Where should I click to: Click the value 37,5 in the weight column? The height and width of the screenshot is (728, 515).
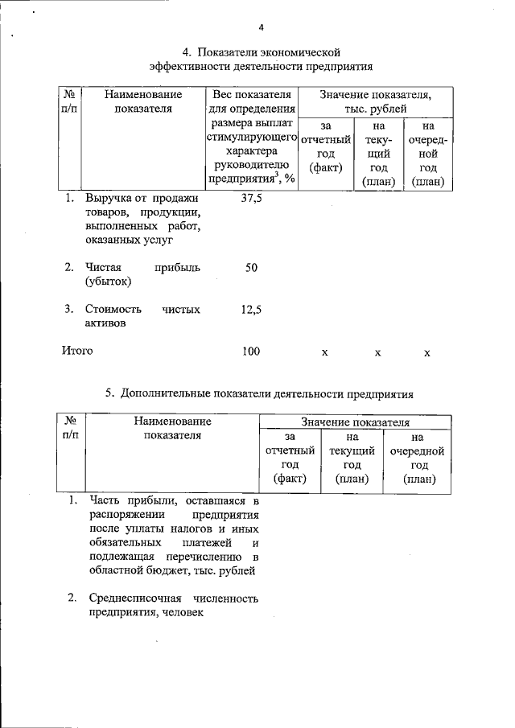pos(251,199)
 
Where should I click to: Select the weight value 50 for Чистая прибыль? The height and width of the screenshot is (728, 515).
pos(251,267)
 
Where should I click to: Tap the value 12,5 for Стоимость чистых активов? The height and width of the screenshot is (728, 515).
pos(251,309)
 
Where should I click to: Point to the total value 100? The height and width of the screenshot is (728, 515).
pos(251,351)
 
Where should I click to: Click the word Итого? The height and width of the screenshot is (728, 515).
pos(78,351)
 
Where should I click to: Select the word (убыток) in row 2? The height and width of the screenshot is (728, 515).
pos(108,282)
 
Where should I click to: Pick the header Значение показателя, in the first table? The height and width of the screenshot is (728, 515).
pos(375,95)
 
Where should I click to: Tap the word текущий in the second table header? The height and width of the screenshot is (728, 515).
pos(352,450)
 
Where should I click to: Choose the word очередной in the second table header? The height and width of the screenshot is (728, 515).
pos(417,450)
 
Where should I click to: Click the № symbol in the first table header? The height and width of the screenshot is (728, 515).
pos(69,95)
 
